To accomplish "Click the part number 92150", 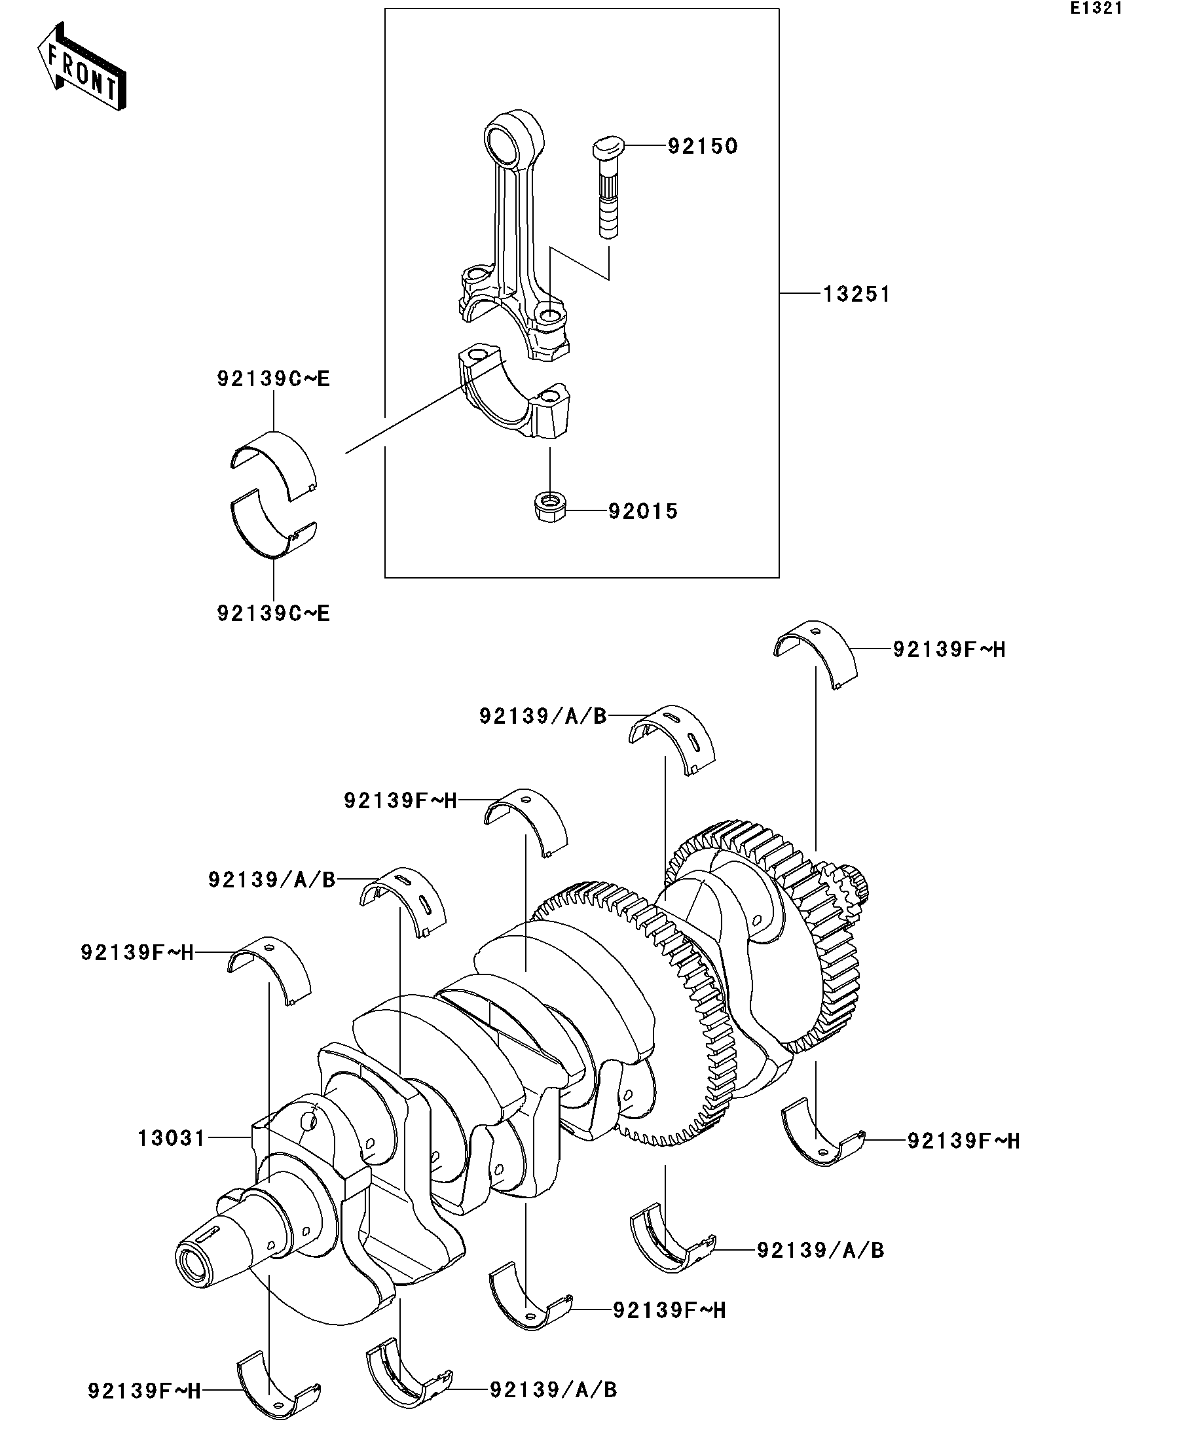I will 702,147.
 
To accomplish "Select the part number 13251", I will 856,294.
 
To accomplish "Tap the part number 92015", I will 643,511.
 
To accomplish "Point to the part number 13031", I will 171,1139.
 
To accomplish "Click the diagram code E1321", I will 1096,9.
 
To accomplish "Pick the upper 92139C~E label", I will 274,379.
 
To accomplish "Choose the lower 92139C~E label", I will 274,613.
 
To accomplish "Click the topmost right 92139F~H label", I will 949,649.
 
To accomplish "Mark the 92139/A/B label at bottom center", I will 553,1390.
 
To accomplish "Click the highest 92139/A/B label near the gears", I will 543,717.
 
